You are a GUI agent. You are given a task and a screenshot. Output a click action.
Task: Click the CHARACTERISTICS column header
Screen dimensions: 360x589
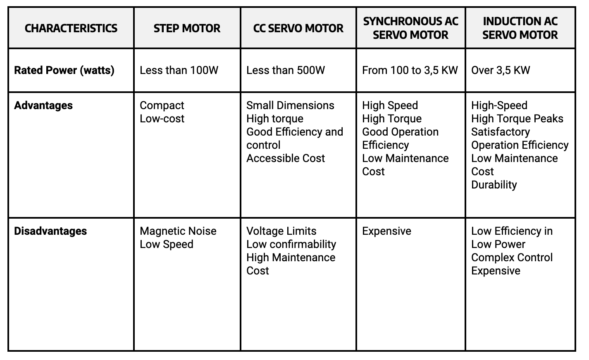(71, 28)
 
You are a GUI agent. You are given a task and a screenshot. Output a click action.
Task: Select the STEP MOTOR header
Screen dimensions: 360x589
(187, 28)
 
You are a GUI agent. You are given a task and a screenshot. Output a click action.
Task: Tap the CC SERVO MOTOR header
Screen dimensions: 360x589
(298, 28)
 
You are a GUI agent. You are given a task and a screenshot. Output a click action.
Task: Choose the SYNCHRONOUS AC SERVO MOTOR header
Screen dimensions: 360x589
(410, 28)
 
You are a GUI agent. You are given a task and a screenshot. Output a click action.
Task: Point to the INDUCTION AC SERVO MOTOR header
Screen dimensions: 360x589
(520, 28)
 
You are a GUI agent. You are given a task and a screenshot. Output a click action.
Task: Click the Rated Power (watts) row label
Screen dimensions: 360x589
(64, 70)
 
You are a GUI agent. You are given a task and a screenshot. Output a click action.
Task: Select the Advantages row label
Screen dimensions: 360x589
(43, 105)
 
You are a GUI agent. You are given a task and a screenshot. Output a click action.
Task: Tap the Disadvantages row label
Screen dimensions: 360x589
(50, 231)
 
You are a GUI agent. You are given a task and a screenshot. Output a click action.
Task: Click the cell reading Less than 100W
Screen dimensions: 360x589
(179, 70)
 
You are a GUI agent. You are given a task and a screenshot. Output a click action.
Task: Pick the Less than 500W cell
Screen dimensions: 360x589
(286, 70)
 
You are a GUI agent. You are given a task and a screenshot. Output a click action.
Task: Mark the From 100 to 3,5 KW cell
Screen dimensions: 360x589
(410, 70)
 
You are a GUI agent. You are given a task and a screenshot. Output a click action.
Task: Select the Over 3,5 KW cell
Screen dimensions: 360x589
(501, 70)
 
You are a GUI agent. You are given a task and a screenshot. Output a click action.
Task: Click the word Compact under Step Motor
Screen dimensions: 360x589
(162, 105)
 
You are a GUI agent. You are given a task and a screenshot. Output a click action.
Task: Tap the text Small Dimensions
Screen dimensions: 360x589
(290, 105)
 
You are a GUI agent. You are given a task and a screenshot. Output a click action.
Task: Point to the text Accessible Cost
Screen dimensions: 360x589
(286, 158)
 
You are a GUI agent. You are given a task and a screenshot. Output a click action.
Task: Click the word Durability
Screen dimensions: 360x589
(494, 185)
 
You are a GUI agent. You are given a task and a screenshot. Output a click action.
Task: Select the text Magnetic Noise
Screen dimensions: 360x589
(178, 231)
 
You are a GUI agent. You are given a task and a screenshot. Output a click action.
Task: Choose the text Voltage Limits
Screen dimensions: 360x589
(281, 231)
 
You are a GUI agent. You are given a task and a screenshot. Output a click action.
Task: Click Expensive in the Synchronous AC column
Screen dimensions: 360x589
(386, 231)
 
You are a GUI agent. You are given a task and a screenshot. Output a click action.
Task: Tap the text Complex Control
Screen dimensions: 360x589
(512, 257)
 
